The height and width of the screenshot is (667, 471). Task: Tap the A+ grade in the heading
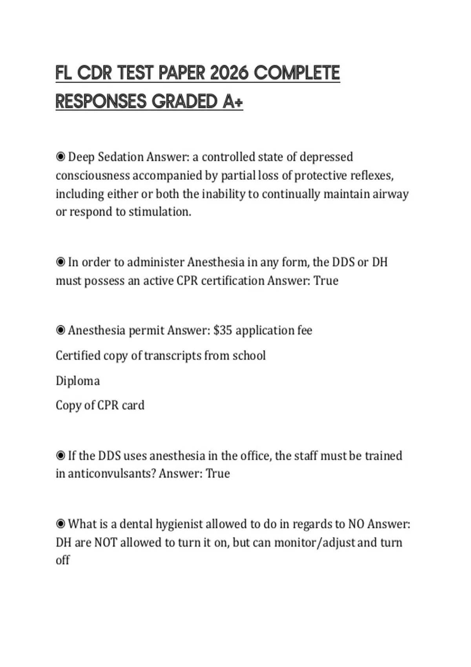pos(233,102)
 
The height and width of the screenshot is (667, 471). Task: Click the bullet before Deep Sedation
pos(60,157)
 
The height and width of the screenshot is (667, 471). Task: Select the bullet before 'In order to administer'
pos(60,262)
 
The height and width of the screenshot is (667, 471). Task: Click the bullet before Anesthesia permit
pos(60,330)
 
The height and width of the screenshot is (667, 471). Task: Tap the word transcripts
pos(172,355)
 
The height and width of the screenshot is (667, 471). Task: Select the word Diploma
pos(78,381)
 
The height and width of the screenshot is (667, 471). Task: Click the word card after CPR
pos(133,405)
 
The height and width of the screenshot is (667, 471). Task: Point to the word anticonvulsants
pos(112,474)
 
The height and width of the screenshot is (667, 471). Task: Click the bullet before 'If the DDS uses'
pos(60,456)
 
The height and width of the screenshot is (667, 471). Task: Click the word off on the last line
pos(62,560)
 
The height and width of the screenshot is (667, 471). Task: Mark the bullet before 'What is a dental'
pos(60,524)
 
